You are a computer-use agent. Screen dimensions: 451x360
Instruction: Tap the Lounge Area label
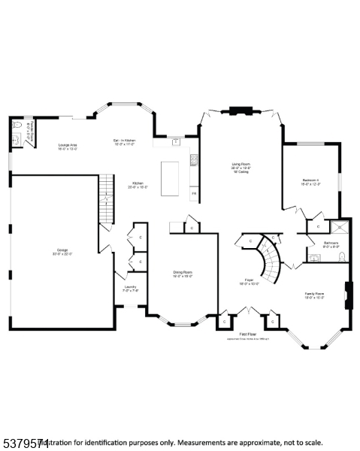[x=68, y=146]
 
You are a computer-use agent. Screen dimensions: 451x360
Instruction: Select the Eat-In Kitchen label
[x=124, y=142]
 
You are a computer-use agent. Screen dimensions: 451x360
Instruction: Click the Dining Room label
[x=183, y=274]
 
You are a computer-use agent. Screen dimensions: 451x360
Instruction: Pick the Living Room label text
[x=241, y=165]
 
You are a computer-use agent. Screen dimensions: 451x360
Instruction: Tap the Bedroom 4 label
[x=311, y=182]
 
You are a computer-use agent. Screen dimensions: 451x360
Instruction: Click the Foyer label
[x=249, y=282]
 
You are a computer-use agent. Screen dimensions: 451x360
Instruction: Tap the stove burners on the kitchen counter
[x=194, y=159]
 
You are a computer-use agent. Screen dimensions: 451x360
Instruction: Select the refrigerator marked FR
[x=194, y=195]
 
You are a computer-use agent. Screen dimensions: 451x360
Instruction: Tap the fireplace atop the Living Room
[x=241, y=111]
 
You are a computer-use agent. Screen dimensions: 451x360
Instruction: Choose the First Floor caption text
[x=249, y=334]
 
